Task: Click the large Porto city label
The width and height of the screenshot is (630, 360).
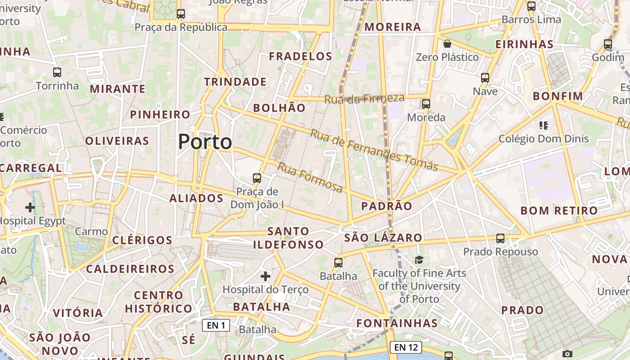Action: (x=205, y=142)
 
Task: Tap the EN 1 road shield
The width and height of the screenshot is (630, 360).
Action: (x=216, y=325)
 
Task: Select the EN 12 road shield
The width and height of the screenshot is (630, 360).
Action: (x=406, y=347)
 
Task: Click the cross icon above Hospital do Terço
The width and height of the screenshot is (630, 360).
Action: (x=265, y=275)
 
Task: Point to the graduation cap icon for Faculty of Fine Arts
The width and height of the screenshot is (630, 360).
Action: (x=419, y=260)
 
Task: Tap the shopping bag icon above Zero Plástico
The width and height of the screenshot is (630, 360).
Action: (x=447, y=44)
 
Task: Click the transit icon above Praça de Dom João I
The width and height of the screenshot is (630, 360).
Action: (x=257, y=178)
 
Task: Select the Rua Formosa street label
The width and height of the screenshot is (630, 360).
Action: (x=310, y=177)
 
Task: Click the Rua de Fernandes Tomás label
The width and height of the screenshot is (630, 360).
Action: (x=373, y=150)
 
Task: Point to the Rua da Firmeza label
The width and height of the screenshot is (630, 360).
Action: (x=364, y=98)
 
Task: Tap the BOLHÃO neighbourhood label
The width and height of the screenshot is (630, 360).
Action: (x=279, y=108)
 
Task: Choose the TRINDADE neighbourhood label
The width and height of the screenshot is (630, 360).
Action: (x=235, y=82)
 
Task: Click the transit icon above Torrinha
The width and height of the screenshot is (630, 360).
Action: (x=57, y=72)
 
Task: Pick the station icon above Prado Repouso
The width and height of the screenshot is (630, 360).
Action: (x=500, y=238)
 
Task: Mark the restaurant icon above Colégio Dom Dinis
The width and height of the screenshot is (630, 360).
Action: (x=544, y=125)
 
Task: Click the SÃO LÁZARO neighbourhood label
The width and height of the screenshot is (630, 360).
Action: (x=383, y=238)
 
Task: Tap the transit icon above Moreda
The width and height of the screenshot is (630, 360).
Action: (x=426, y=104)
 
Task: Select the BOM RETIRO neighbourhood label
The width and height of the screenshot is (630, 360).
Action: (x=559, y=211)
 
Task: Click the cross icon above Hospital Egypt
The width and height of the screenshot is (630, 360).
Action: (x=30, y=207)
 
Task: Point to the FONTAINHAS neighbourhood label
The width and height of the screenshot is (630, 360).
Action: (x=397, y=323)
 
